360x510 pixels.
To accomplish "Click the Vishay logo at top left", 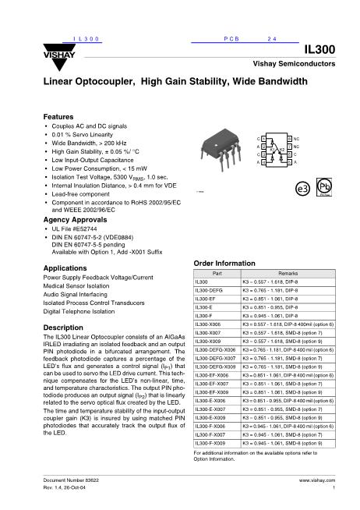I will (56, 53).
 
